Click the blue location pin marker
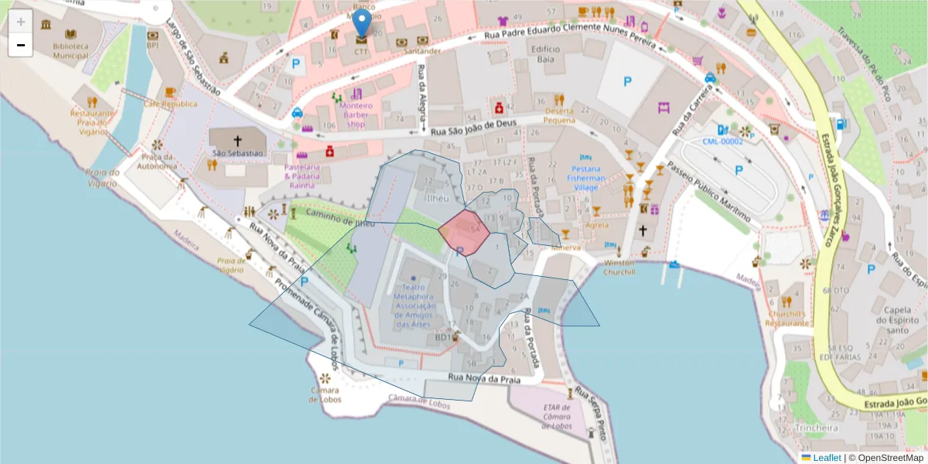(x=361, y=26)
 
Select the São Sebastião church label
(x=238, y=154)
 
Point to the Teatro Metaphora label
(x=412, y=305)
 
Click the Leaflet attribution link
(x=826, y=458)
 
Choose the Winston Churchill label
(x=619, y=268)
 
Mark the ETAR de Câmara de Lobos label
(x=557, y=417)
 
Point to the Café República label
(x=170, y=104)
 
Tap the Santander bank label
(x=421, y=51)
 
